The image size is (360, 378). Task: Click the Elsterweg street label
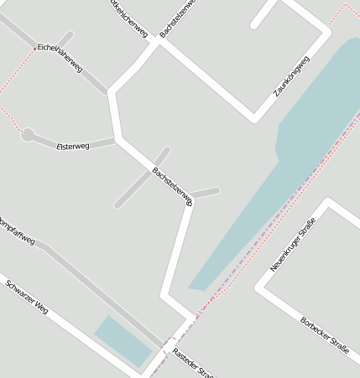coord(72,147)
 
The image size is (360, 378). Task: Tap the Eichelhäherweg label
coord(59,57)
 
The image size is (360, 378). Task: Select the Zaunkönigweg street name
coord(292,76)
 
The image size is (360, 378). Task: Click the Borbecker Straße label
coord(324,335)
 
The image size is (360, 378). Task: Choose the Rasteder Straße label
coord(192,363)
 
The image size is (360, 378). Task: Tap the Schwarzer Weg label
coord(27,297)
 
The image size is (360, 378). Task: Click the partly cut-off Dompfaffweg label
coord(17,231)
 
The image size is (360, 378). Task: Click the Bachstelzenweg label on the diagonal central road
coord(173,186)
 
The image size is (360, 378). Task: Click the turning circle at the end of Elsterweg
coord(28,133)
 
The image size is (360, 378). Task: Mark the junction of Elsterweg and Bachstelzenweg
coord(117,140)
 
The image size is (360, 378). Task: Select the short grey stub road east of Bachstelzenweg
coord(206,193)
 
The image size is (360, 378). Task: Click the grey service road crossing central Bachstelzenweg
coord(141,178)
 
